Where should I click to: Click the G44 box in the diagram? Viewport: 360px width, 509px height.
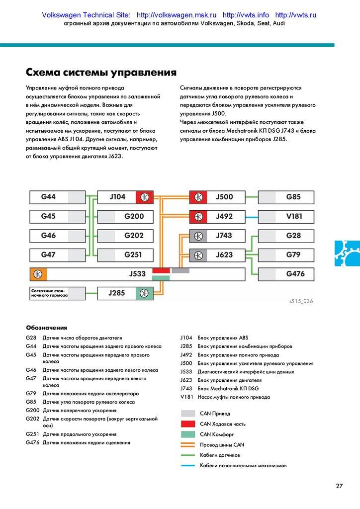[57, 197]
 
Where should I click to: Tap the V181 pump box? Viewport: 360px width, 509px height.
[286, 217]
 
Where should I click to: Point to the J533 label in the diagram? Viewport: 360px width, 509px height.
[137, 274]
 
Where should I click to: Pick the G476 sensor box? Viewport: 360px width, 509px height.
[286, 274]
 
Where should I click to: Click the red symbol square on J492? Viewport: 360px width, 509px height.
[198, 217]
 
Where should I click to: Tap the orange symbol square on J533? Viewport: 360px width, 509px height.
[38, 274]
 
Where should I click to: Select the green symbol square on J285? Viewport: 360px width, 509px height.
[144, 293]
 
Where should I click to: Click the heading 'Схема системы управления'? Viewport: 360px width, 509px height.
[101, 73]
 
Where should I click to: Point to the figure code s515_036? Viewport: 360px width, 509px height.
[301, 301]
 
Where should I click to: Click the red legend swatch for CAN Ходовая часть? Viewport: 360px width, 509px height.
[188, 424]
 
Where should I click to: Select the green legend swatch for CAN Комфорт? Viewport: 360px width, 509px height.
[188, 434]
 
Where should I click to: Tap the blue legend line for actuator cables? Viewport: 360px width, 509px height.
[188, 466]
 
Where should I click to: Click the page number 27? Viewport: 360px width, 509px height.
[339, 486]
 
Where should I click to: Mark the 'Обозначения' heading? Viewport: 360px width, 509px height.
[46, 328]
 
